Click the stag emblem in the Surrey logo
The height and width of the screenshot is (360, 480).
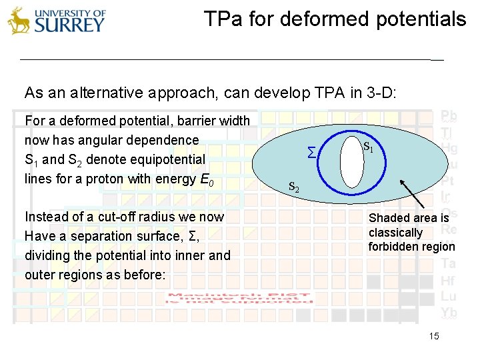tap(19, 20)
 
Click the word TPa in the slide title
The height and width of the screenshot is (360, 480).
tap(219, 19)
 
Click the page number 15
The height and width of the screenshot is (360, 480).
tap(434, 336)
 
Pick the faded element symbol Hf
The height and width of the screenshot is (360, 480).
tap(448, 281)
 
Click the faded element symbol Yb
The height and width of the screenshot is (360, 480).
tap(448, 312)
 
